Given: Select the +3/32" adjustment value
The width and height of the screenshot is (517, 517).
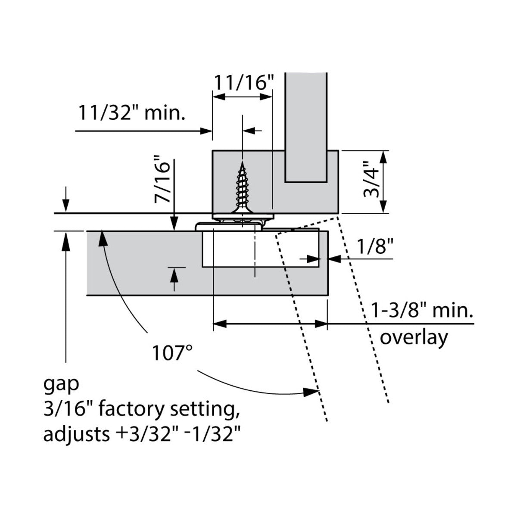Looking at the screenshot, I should tap(144, 434).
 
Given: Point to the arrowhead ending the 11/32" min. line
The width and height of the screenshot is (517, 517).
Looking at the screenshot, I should tap(206, 131).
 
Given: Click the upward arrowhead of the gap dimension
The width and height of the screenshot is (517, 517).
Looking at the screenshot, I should tap(66, 239).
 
